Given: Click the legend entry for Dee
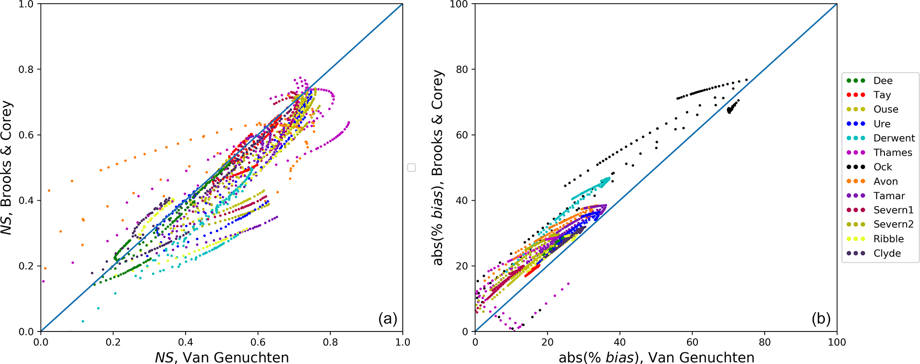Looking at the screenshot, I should click(x=883, y=81).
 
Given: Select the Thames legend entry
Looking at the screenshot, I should click(x=892, y=153).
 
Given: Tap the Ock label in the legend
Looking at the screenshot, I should click(x=883, y=167).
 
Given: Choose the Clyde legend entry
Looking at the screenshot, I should click(x=887, y=253).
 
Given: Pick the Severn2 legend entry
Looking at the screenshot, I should click(x=893, y=224).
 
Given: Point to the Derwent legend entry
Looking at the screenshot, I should click(x=894, y=138).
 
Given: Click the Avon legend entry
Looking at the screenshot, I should click(x=885, y=181).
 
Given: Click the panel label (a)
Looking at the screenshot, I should click(x=387, y=319).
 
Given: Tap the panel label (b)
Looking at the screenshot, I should click(x=821, y=319).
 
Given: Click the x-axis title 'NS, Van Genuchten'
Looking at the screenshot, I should click(x=222, y=357).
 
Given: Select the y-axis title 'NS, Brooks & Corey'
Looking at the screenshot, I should click(x=7, y=168).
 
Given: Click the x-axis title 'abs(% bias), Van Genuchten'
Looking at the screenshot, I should click(x=656, y=357).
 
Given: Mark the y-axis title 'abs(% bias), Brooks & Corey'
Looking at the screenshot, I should click(x=438, y=168).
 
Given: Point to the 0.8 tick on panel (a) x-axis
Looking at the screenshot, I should click(x=330, y=342).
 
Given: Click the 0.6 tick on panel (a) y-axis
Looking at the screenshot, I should click(x=28, y=135).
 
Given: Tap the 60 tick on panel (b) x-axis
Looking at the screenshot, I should click(x=692, y=342).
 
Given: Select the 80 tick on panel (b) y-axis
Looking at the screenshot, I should click(x=462, y=69).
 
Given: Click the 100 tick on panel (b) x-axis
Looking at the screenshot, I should click(x=837, y=342).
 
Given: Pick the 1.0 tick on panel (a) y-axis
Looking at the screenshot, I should click(x=28, y=4).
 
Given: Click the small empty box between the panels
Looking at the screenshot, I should click(x=412, y=168).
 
